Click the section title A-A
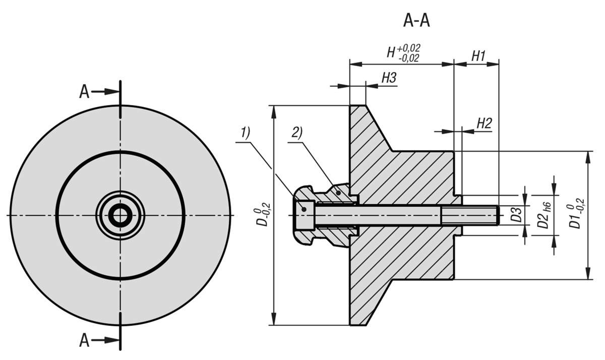click(x=416, y=20)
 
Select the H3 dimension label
click(x=389, y=78)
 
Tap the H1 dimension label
click(x=478, y=56)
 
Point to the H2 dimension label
click(x=484, y=124)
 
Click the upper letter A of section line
click(x=85, y=92)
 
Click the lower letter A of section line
click(x=85, y=341)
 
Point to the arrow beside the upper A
click(x=106, y=92)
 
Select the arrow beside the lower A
click(x=106, y=341)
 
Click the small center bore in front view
click(x=120, y=216)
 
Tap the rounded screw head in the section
click(x=304, y=216)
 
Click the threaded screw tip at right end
click(x=496, y=216)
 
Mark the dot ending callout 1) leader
click(x=304, y=208)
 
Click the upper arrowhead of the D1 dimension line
click(x=587, y=156)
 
